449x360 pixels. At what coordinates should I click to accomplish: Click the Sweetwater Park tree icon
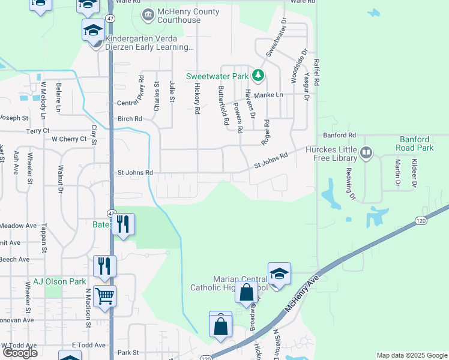[258, 76]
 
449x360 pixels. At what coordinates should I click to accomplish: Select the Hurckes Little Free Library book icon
[366, 154]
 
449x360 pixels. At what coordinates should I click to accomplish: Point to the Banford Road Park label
[415, 143]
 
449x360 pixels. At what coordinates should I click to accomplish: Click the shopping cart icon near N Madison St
[104, 295]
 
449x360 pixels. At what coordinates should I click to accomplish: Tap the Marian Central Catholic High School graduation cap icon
[279, 274]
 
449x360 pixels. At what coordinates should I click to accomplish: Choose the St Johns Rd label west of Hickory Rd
[135, 173]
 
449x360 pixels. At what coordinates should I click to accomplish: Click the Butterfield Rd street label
[223, 105]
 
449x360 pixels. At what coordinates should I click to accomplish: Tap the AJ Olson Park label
[55, 281]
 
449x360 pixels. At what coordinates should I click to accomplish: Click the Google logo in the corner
[19, 353]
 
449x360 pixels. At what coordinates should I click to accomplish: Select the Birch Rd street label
[129, 119]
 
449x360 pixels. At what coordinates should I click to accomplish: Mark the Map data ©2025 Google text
[411, 355]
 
